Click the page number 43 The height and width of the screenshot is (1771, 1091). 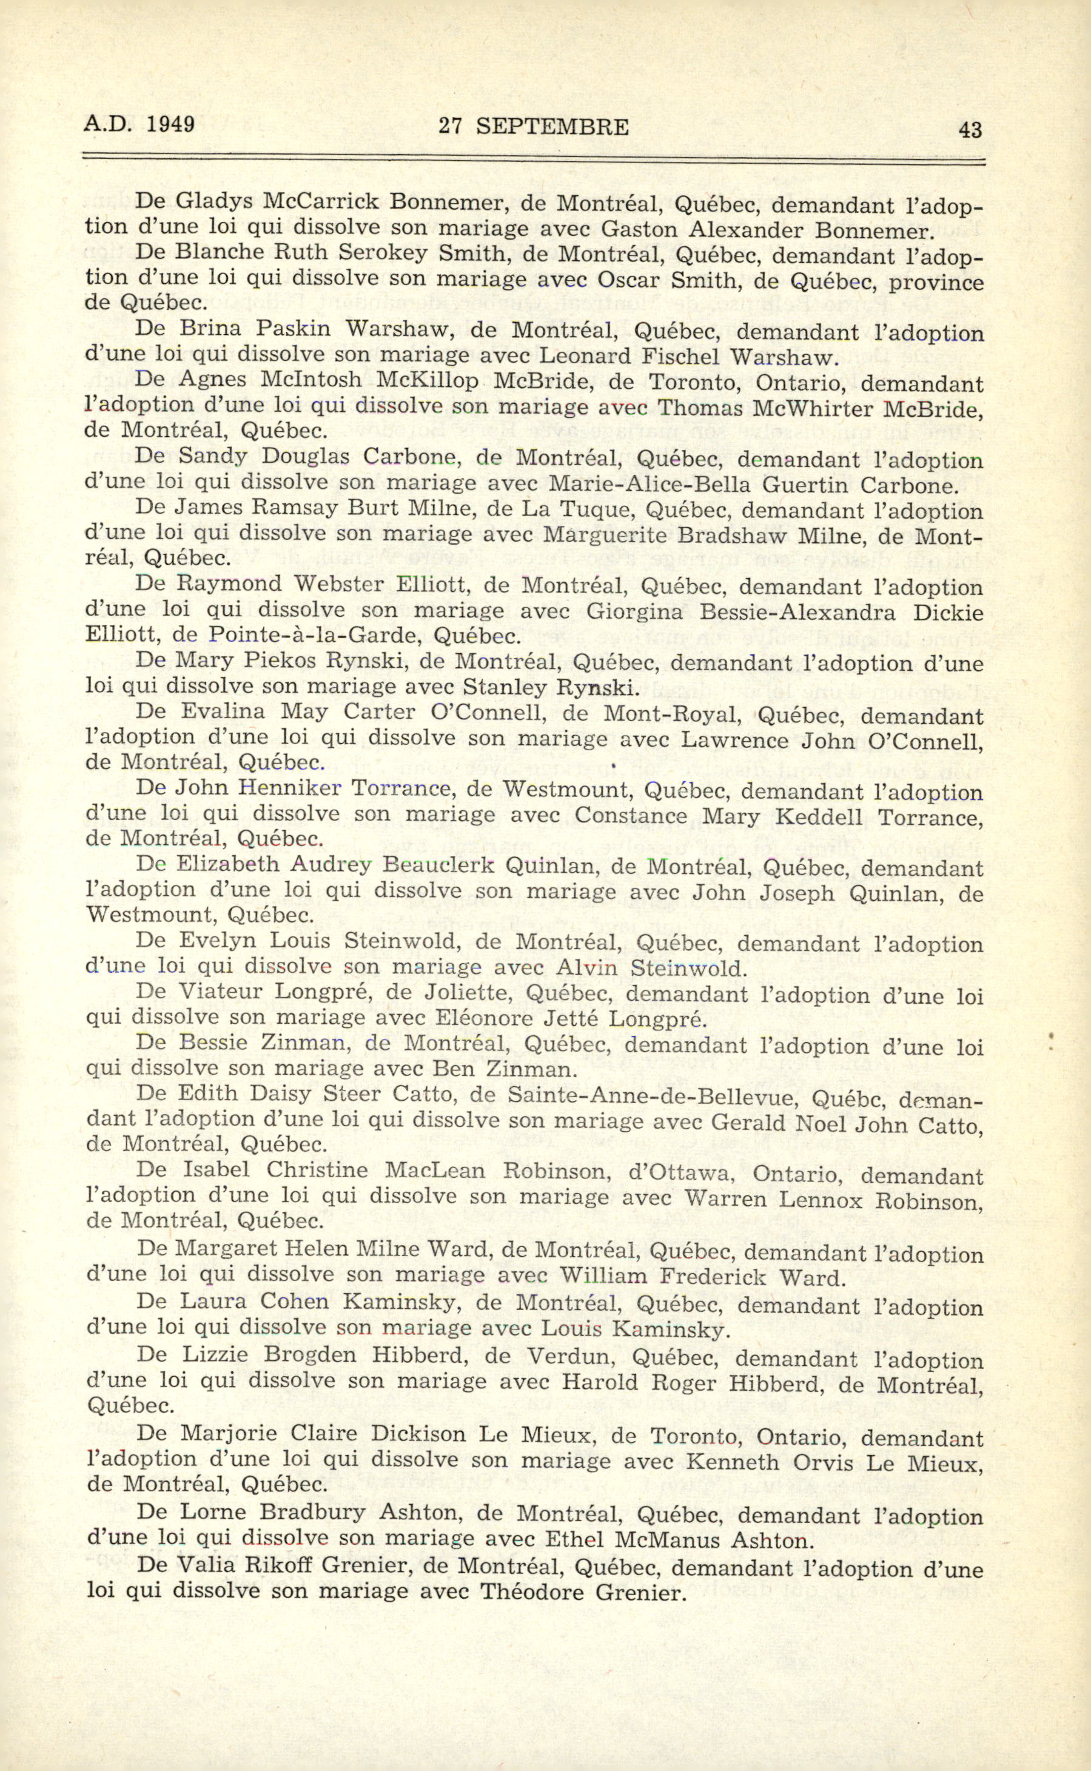coord(970,130)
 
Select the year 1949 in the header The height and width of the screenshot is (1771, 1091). coord(170,124)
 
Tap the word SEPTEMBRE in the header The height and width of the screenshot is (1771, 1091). coord(552,127)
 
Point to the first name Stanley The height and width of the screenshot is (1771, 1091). coord(503,687)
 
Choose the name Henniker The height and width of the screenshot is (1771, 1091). coord(289,789)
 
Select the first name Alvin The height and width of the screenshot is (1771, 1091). coord(586,968)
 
